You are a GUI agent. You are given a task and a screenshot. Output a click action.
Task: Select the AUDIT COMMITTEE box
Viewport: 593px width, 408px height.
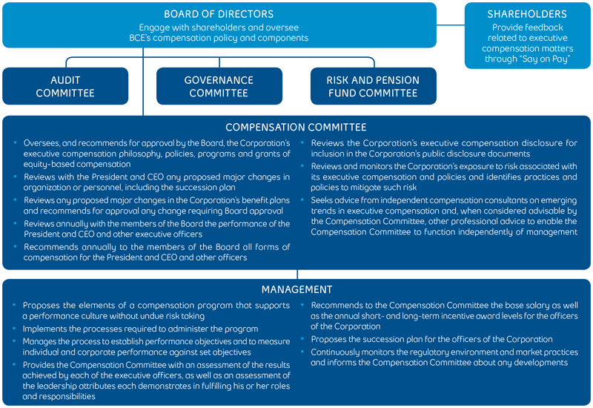click(65, 86)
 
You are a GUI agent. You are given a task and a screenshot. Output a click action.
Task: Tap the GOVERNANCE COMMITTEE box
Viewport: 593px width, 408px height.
click(219, 86)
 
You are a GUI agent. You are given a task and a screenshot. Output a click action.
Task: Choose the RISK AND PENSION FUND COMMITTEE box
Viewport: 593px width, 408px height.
click(373, 86)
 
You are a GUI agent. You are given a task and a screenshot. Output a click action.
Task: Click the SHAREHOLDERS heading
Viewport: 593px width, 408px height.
click(527, 14)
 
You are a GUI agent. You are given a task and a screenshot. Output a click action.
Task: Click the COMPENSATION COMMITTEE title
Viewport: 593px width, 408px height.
click(296, 128)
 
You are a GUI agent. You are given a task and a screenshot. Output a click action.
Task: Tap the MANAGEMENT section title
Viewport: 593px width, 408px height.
click(296, 289)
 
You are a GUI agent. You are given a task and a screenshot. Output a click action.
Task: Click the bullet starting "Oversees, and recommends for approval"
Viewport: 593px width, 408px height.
click(156, 154)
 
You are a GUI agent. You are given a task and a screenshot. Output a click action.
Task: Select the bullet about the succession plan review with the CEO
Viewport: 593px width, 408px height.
click(156, 182)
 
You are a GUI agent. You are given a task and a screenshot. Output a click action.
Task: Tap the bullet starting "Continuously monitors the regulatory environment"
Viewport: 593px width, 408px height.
click(443, 357)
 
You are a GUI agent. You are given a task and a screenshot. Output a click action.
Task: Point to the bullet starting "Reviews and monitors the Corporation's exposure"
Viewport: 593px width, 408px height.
click(443, 177)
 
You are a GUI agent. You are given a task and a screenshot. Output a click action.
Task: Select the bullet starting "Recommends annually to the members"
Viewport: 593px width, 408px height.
click(156, 251)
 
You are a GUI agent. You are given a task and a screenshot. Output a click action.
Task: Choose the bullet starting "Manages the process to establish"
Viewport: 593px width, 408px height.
click(156, 346)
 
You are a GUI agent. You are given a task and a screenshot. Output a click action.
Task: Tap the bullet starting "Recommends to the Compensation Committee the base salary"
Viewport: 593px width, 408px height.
click(443, 315)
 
